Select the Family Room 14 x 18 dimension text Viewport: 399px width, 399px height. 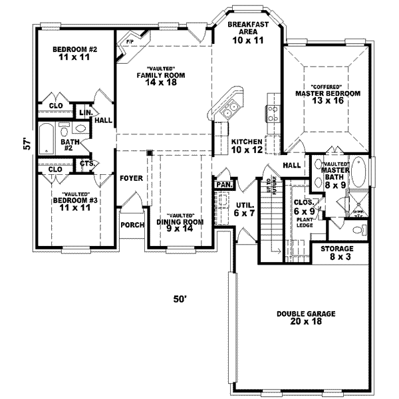(156, 84)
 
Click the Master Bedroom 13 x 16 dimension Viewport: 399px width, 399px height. (327, 103)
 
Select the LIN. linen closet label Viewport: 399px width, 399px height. (86, 112)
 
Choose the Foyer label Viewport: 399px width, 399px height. (132, 178)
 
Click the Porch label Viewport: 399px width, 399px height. (132, 225)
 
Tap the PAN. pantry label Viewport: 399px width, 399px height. (223, 184)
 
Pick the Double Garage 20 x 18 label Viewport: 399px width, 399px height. (307, 317)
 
